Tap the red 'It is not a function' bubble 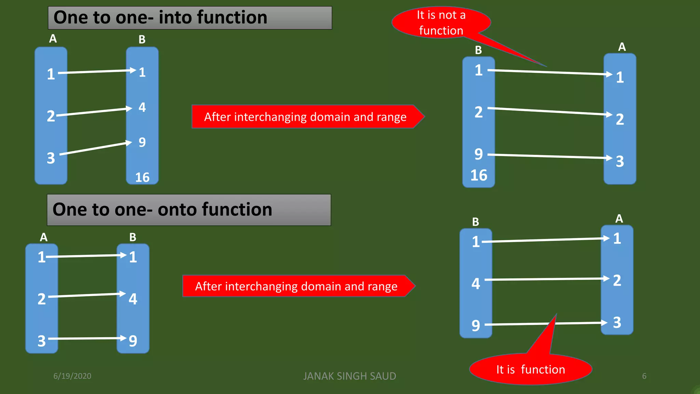pyautogui.click(x=441, y=23)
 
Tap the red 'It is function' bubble pyautogui.click(x=530, y=369)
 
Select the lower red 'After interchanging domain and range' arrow pyautogui.click(x=296, y=286)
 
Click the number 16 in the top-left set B pyautogui.click(x=142, y=177)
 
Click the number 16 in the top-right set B pyautogui.click(x=479, y=175)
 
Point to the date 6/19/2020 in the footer pyautogui.click(x=72, y=376)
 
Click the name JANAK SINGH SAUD pyautogui.click(x=349, y=376)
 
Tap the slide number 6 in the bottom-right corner pyautogui.click(x=644, y=376)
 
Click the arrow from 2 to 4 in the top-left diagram pyautogui.click(x=94, y=112)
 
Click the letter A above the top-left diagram pyautogui.click(x=53, y=39)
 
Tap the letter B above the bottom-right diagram pyautogui.click(x=475, y=222)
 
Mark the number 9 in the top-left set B pyautogui.click(x=142, y=142)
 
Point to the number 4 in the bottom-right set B pyautogui.click(x=476, y=284)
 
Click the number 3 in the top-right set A pyautogui.click(x=620, y=161)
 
